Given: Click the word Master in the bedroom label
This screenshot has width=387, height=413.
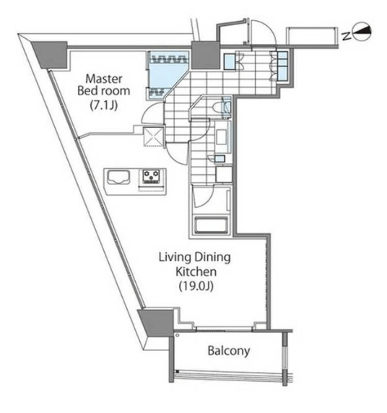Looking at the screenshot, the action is [x=104, y=79].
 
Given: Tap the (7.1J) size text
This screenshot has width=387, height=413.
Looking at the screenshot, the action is [x=103, y=105].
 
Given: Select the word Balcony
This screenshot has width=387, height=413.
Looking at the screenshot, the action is [x=229, y=351].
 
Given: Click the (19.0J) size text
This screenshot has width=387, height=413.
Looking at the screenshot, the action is [x=196, y=286].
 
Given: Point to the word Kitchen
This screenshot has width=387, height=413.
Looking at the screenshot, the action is [x=196, y=271].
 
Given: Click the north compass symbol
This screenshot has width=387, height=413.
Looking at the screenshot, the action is [x=362, y=31].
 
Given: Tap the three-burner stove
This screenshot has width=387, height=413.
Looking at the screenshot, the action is [x=151, y=176].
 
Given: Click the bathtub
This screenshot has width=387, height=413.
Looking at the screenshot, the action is [x=211, y=225].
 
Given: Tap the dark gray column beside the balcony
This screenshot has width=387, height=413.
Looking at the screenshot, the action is [x=155, y=322].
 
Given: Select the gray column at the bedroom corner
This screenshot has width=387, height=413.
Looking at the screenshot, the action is [x=50, y=55].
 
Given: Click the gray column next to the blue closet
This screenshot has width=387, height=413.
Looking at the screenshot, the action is [x=205, y=56].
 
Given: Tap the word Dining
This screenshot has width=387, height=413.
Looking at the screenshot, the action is [x=213, y=257].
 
